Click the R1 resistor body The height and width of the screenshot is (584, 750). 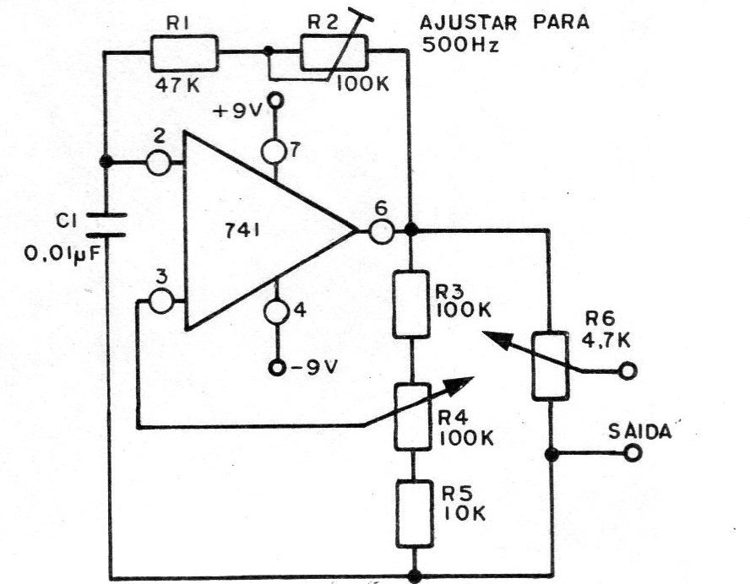(184, 52)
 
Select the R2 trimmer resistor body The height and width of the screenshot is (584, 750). (334, 52)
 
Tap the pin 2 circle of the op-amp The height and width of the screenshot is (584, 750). (158, 163)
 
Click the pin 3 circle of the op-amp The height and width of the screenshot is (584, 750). (160, 301)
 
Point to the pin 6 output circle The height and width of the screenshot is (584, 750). (382, 231)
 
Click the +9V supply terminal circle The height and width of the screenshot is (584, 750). (275, 100)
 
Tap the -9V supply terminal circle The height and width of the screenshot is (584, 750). (276, 368)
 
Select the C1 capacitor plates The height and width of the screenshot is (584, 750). (106, 225)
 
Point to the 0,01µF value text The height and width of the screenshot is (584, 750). (63, 254)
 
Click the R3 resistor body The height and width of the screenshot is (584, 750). (411, 305)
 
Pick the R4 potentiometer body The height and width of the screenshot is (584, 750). (411, 417)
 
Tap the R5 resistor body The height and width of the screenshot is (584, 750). (414, 514)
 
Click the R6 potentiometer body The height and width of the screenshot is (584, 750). (551, 365)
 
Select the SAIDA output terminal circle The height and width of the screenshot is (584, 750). (633, 452)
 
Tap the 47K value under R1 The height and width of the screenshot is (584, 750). (177, 86)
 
